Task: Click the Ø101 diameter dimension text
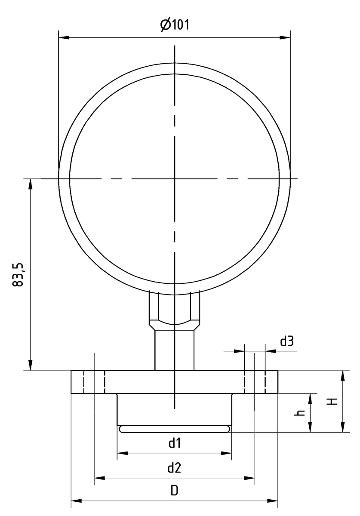pos(175,25)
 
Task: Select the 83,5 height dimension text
pos(18,275)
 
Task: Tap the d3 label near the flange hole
pos(287,341)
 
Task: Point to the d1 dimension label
pos(174,443)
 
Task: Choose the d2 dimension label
pos(174,468)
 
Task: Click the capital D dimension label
pos(174,491)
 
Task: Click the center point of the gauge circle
pos(175,178)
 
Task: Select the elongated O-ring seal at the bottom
pos(175,429)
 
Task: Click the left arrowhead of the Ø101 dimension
pos(63,38)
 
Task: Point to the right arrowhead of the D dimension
pos(274,501)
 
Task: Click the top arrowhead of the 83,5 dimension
pos(30,184)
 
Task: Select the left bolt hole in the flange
pos(94,382)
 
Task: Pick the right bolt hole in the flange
pos(255,382)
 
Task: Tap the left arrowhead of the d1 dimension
pos(122,453)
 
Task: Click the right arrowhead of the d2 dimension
pos(250,477)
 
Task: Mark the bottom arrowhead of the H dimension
pos(342,427)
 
